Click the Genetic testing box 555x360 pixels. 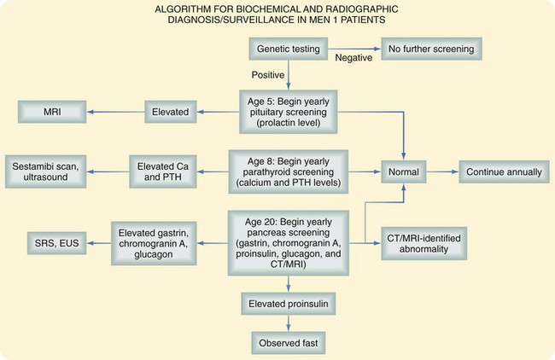[x=289, y=49]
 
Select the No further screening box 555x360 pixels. [x=427, y=49]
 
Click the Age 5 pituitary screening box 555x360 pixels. [x=288, y=110]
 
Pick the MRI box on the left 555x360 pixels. [x=51, y=110]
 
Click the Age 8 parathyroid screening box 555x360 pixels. [x=288, y=171]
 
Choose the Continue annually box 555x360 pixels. [x=503, y=171]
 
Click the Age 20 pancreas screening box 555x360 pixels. [x=288, y=242]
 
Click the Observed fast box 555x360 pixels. [x=288, y=341]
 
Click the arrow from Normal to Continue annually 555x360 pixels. [x=444, y=171]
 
